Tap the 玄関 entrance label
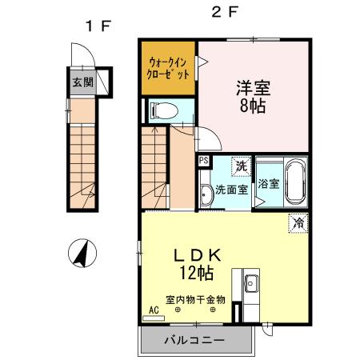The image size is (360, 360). point(81,82)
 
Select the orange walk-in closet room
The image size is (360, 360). point(168,67)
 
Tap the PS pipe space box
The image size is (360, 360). point(204,161)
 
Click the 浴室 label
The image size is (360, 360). point(268,183)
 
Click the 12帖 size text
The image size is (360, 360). point(196,274)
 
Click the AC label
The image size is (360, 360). point(153,308)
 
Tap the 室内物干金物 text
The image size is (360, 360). point(195,300)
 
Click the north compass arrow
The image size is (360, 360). point(81,255)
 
